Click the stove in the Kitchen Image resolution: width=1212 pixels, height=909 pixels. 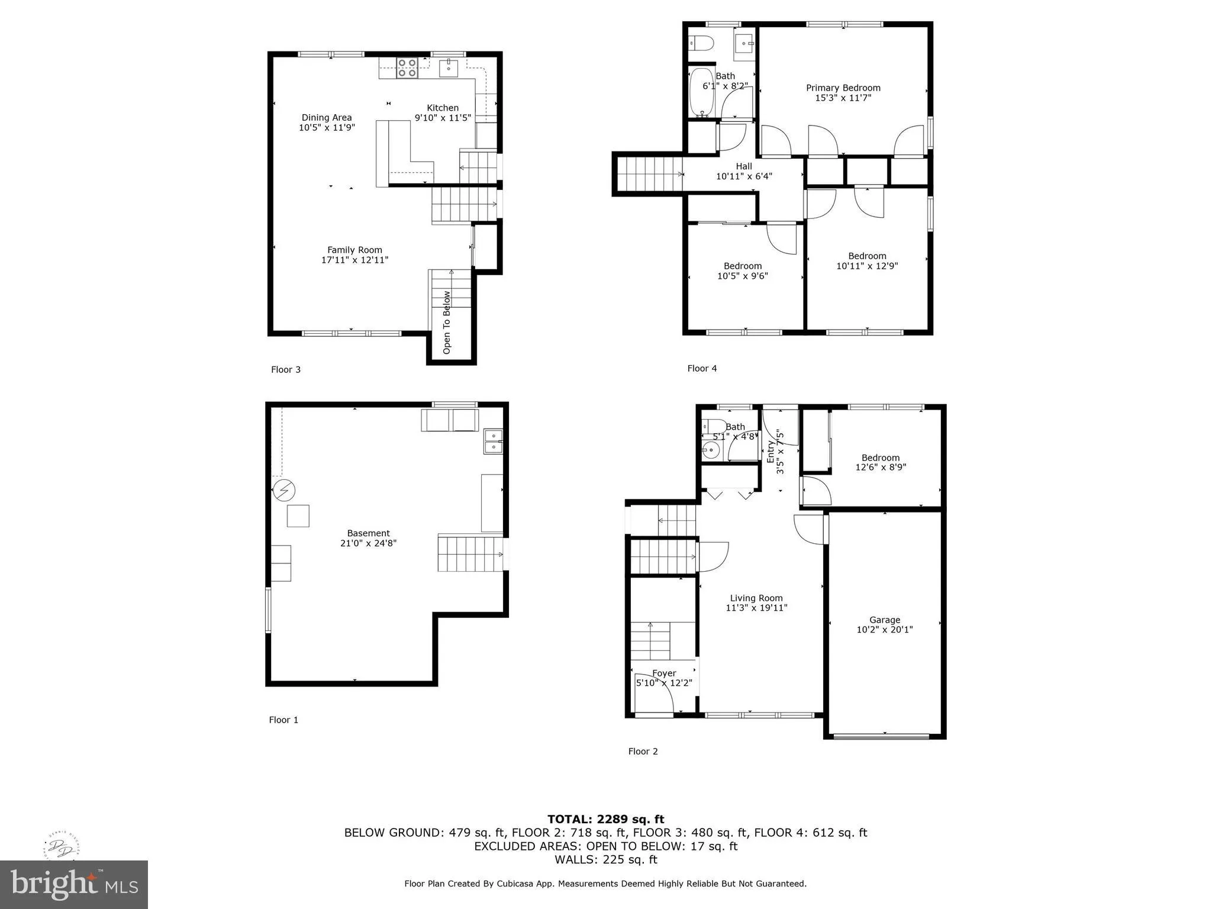point(407,68)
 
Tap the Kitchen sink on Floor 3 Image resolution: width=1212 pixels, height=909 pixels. point(449,68)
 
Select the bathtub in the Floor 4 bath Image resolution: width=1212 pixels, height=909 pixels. point(702,92)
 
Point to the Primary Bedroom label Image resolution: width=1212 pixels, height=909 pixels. point(843,88)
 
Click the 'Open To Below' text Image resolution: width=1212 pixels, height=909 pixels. point(447,323)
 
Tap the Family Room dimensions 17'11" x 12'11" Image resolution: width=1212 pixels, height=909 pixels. point(354,260)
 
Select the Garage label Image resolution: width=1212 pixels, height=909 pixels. point(885,620)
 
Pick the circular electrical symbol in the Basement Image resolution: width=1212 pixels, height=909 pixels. point(284,490)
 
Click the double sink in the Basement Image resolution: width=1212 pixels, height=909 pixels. point(493,441)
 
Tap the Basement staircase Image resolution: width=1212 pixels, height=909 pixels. point(470,553)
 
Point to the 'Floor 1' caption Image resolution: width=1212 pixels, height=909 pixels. point(283,720)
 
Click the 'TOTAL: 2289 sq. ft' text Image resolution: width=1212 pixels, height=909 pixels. point(605,819)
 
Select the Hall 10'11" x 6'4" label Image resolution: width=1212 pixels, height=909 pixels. point(744,171)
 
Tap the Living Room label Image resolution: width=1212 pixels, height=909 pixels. point(756,598)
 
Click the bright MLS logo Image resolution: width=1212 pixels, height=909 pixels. point(73,884)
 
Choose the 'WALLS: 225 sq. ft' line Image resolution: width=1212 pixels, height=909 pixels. point(605,859)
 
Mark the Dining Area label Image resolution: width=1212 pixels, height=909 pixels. point(327,117)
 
